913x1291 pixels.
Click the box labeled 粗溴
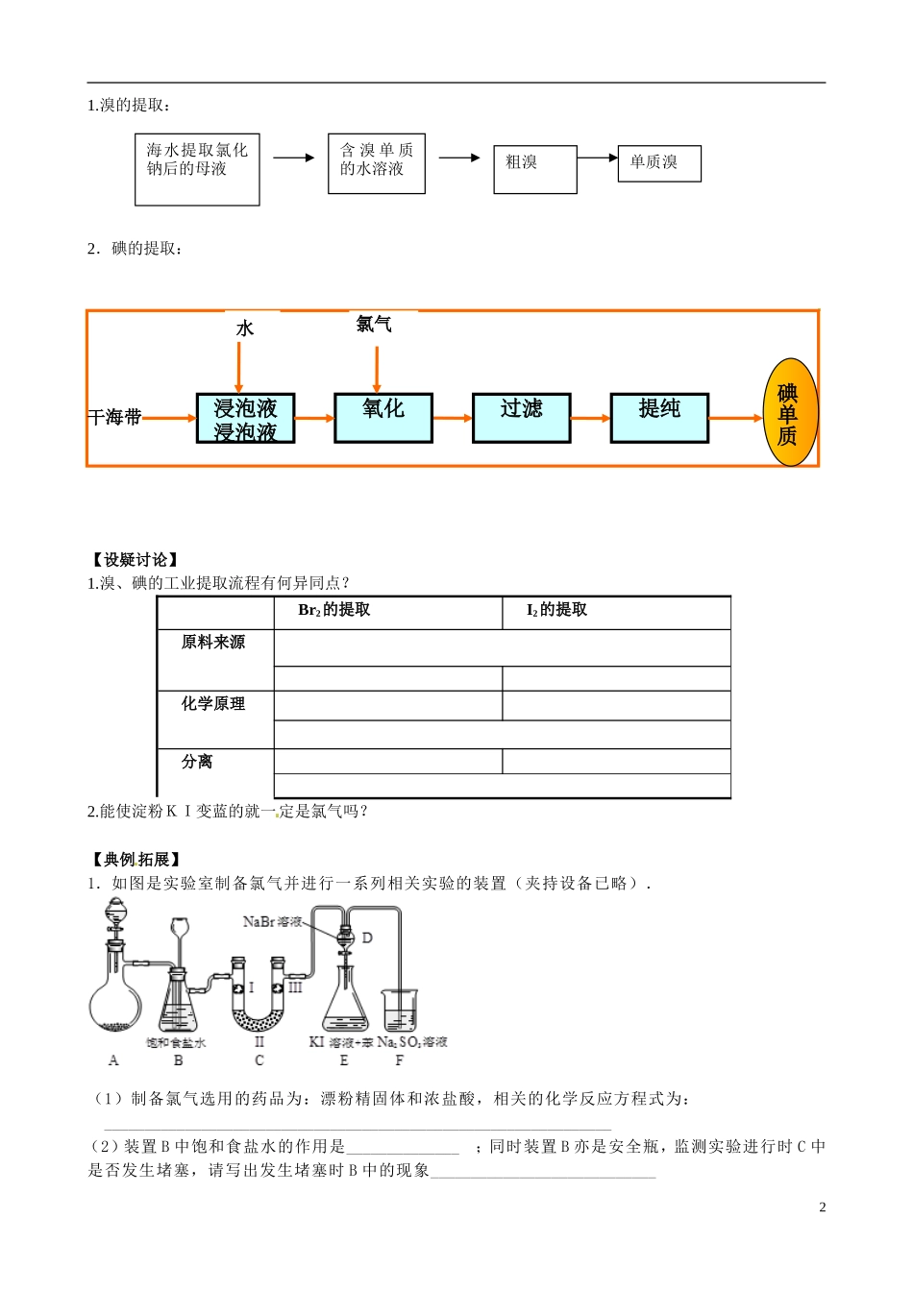[x=535, y=169]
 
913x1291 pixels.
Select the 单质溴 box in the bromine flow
[x=659, y=163]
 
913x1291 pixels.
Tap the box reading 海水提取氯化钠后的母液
[x=197, y=170]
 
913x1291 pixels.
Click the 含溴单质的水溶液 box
[x=376, y=164]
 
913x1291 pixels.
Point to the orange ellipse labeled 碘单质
[x=788, y=413]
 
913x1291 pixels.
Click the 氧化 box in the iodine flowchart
[x=383, y=418]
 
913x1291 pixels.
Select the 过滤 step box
[x=521, y=418]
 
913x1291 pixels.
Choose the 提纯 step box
[x=659, y=418]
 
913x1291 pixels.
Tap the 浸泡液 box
[x=245, y=418]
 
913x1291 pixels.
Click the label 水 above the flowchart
[x=245, y=329]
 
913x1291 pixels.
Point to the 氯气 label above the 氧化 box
[x=374, y=325]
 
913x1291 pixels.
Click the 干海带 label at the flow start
[x=115, y=417]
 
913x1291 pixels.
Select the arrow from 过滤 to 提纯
[x=590, y=418]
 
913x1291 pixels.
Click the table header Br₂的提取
[x=334, y=610]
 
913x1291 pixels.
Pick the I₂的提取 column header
[x=556, y=610]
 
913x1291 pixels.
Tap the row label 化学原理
[x=213, y=704]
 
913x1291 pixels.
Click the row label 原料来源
[x=213, y=643]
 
